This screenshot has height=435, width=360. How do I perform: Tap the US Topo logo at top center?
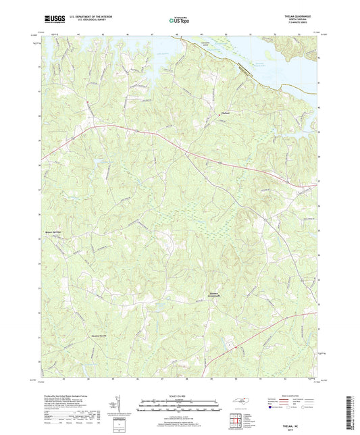coord(180,20)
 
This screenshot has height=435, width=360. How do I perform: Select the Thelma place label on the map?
coord(228,113)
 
